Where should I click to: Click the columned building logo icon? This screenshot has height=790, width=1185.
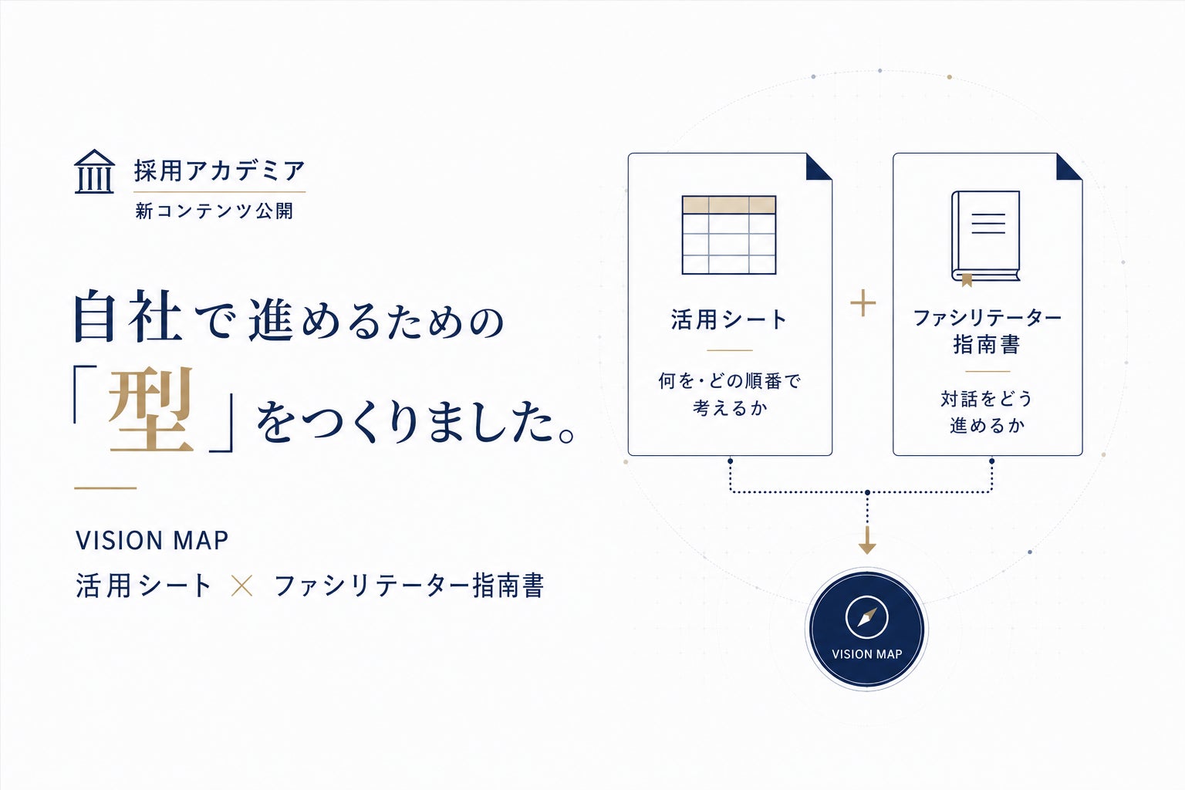[94, 171]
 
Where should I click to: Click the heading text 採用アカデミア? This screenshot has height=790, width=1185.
[220, 171]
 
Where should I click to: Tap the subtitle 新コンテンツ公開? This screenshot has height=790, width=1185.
[214, 211]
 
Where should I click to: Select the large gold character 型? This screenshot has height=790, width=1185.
[150, 410]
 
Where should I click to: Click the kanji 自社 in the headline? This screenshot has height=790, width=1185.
[128, 316]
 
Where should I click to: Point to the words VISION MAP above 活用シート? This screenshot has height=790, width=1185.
[152, 540]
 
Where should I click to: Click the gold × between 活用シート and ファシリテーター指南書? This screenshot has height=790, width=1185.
[241, 586]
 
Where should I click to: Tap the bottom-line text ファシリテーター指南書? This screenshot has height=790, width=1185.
[409, 586]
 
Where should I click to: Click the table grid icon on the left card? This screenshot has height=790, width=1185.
[729, 235]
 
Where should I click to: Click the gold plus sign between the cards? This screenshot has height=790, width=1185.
[863, 303]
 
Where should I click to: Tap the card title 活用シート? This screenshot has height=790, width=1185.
[729, 319]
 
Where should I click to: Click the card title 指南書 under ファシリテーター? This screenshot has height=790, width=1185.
[987, 344]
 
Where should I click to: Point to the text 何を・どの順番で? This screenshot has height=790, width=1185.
[730, 381]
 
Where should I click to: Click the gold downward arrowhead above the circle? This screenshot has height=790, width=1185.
[867, 547]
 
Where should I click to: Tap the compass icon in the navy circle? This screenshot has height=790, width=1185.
[866, 617]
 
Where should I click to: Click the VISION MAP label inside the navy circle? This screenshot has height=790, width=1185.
[866, 654]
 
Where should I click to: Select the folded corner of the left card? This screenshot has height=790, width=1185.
[819, 167]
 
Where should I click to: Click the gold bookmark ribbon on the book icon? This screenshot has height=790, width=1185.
[967, 280]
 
